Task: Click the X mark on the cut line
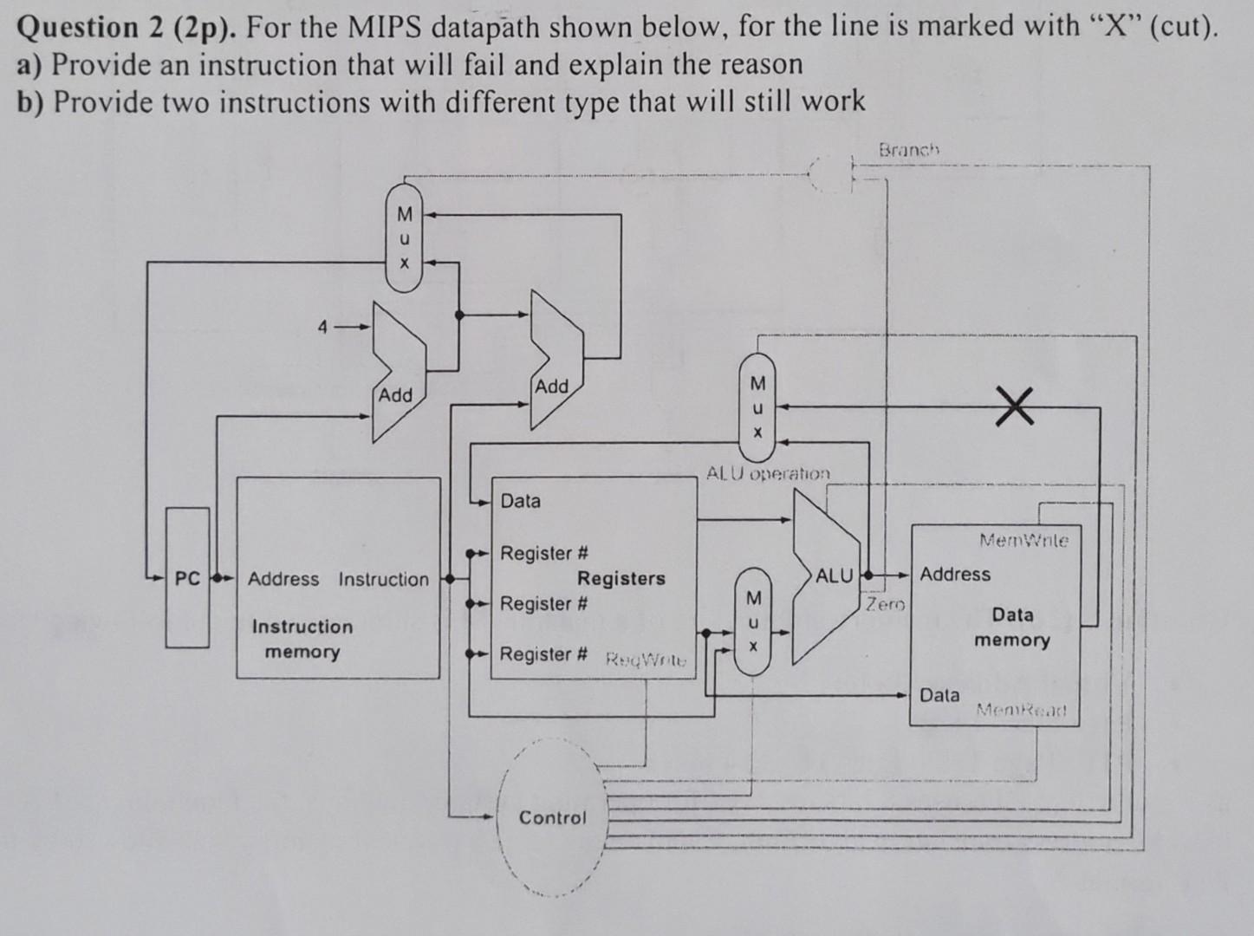(x=1014, y=407)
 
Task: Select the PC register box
(x=187, y=577)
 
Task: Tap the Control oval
(x=552, y=817)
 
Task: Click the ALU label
(x=834, y=575)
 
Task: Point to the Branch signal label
(x=909, y=149)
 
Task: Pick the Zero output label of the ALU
(x=883, y=604)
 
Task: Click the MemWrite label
(x=1023, y=540)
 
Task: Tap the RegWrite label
(x=645, y=660)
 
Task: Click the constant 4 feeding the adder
(x=322, y=328)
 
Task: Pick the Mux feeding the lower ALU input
(x=753, y=622)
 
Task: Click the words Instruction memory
(x=302, y=639)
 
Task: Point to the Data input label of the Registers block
(x=520, y=501)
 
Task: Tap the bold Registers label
(x=621, y=578)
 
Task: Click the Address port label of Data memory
(x=954, y=574)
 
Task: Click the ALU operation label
(x=768, y=474)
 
